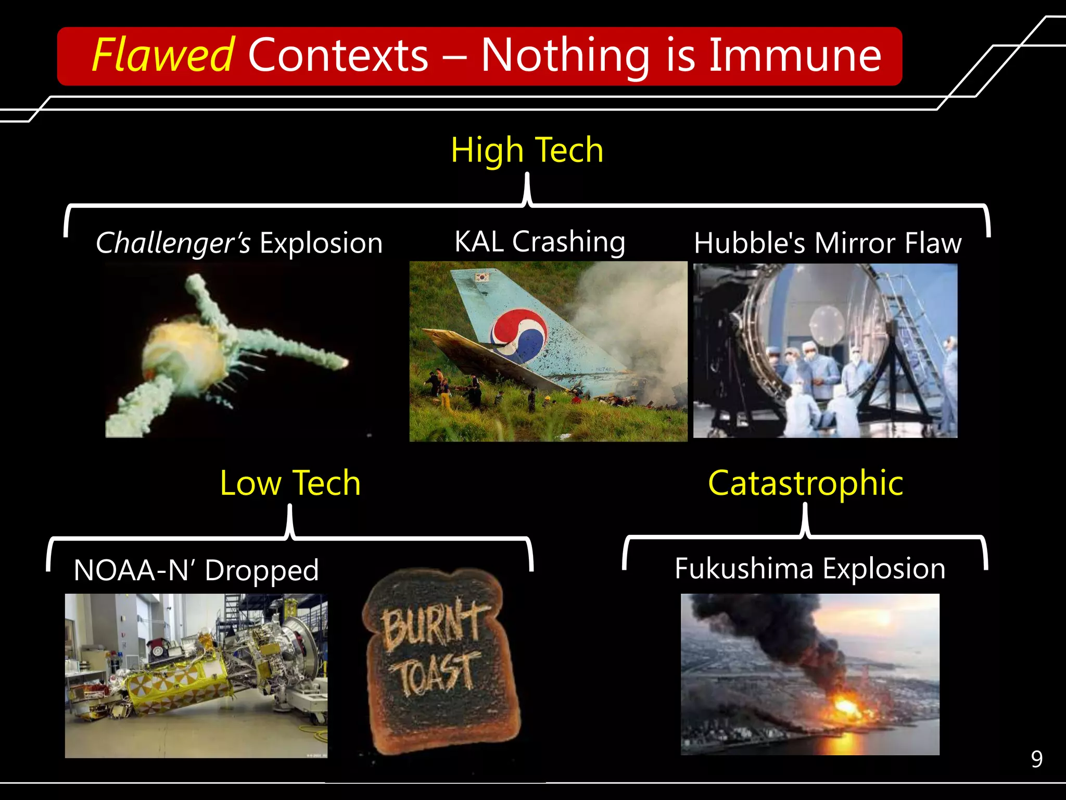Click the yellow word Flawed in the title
163,55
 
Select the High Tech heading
527,150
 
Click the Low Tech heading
290,483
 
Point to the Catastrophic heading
805,483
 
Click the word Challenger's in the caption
173,243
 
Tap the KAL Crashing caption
540,242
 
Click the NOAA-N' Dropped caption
196,570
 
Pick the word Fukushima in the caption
743,568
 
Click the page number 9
1036,759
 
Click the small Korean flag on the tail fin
483,277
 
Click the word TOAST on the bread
436,673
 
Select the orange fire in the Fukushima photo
846,707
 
